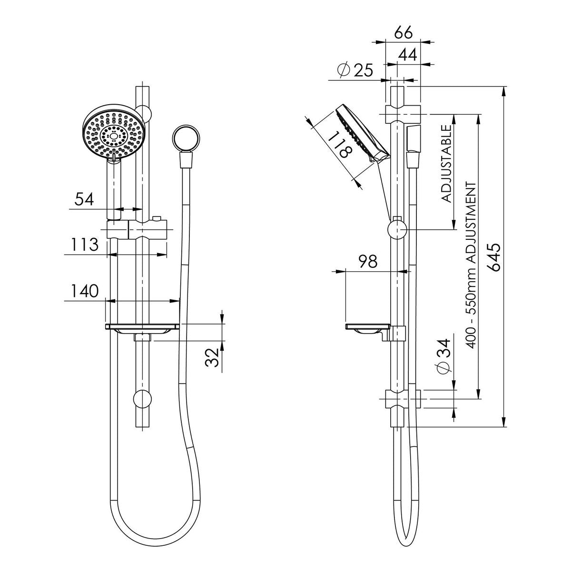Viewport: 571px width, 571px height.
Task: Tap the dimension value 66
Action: tap(404, 33)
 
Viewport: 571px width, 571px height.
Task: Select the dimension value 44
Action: tap(407, 55)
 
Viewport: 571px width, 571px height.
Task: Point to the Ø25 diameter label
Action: tap(355, 70)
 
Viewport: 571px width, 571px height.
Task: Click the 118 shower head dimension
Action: tap(341, 144)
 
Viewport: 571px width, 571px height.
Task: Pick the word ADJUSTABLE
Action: tap(446, 164)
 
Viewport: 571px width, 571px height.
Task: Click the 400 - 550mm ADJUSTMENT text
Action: tap(471, 265)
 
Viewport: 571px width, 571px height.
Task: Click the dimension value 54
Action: tap(84, 199)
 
